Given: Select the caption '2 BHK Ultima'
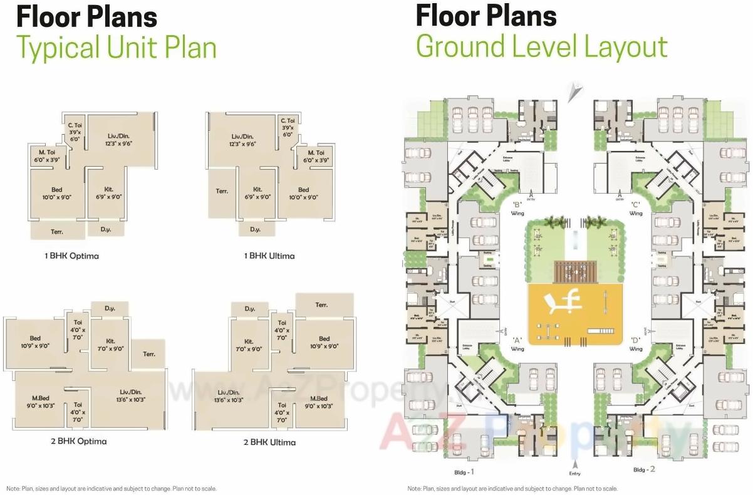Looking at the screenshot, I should [269, 442].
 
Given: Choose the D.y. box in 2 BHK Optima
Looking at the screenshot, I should [110, 308].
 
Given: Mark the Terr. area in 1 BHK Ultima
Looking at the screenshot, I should [222, 191].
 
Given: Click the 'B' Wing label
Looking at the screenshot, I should [517, 209].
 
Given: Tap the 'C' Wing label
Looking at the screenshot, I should [635, 209].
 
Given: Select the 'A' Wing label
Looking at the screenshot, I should [517, 345].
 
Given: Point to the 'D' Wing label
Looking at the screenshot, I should [636, 345].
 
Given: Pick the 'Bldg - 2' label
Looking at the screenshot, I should [644, 469].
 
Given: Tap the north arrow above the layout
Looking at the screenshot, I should [573, 93].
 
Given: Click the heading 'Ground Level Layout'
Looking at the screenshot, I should [542, 48].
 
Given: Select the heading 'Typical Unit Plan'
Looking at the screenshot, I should [117, 48].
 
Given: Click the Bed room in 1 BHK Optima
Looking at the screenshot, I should [53, 193].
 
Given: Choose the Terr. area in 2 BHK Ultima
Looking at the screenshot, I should [321, 305].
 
